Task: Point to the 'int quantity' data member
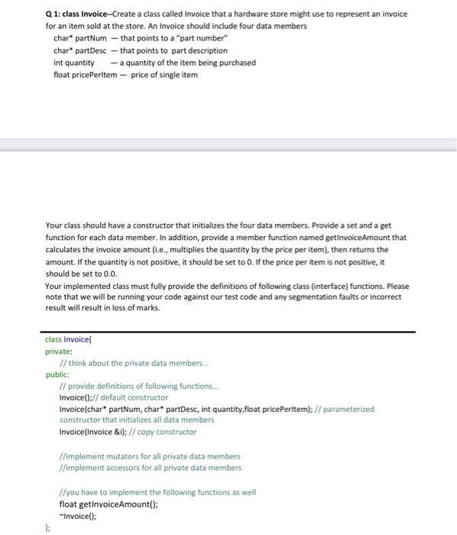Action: pos(74,63)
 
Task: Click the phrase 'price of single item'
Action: pos(164,75)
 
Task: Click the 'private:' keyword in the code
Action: pos(58,352)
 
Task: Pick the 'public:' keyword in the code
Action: pos(57,374)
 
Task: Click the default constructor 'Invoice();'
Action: pos(77,397)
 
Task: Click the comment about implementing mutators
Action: pos(150,456)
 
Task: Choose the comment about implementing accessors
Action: pos(150,468)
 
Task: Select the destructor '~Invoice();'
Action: pos(79,515)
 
